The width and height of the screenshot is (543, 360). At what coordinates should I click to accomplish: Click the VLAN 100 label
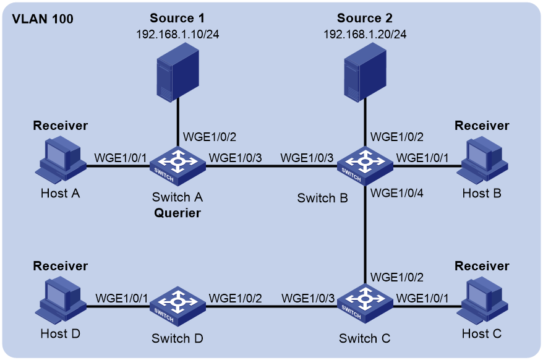point(43,19)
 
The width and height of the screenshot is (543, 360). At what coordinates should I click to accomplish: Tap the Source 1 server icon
point(177,72)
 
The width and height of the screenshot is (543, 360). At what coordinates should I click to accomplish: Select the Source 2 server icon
point(365,72)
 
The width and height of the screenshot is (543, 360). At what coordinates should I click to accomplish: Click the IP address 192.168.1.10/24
point(177,34)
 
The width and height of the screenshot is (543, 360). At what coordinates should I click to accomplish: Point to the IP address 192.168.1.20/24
point(365,34)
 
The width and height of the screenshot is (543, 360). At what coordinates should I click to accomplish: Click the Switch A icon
point(177,166)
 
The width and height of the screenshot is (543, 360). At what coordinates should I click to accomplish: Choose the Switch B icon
point(365,166)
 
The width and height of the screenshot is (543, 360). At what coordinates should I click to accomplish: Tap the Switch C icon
point(365,304)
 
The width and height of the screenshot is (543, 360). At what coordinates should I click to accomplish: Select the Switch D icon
point(177,306)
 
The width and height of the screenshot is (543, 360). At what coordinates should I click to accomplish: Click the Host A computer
point(61,160)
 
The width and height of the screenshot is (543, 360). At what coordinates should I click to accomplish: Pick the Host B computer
point(482,160)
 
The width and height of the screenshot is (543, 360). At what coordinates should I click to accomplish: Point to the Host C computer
point(482,300)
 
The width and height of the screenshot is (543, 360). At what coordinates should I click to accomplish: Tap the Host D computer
point(61,300)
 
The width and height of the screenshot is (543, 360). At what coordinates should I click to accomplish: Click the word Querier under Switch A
point(177,213)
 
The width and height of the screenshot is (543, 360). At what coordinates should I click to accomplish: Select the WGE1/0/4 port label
point(397,193)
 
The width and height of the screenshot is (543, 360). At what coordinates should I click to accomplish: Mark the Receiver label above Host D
point(61,266)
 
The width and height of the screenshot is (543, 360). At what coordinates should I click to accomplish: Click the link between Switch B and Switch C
point(365,234)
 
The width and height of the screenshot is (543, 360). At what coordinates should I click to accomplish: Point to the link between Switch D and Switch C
point(271,306)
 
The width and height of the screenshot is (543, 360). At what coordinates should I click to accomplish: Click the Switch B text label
point(322,198)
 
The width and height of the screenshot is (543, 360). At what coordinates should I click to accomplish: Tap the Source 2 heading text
point(365,18)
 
